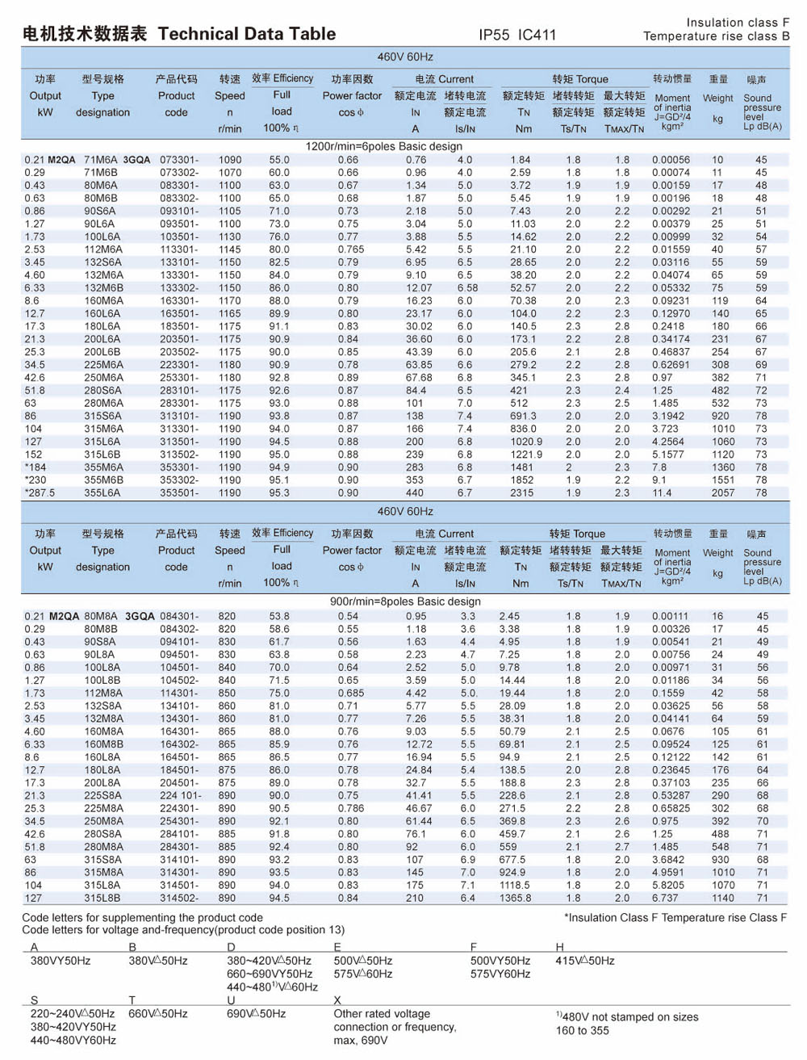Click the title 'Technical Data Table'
(247, 34)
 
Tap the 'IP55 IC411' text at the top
(517, 35)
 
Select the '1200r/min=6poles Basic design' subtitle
(384, 146)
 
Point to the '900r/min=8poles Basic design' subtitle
(405, 601)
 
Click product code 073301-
(179, 160)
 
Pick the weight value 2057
(723, 492)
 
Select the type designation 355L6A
(102, 492)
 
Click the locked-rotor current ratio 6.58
(467, 287)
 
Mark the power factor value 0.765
(351, 249)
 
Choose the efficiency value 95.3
(279, 492)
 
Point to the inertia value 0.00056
(671, 160)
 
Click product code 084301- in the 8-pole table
(179, 616)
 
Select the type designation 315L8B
(102, 898)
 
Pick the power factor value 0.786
(351, 808)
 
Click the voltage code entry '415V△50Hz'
(585, 961)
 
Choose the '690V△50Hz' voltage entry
(257, 1013)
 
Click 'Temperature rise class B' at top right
(716, 36)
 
